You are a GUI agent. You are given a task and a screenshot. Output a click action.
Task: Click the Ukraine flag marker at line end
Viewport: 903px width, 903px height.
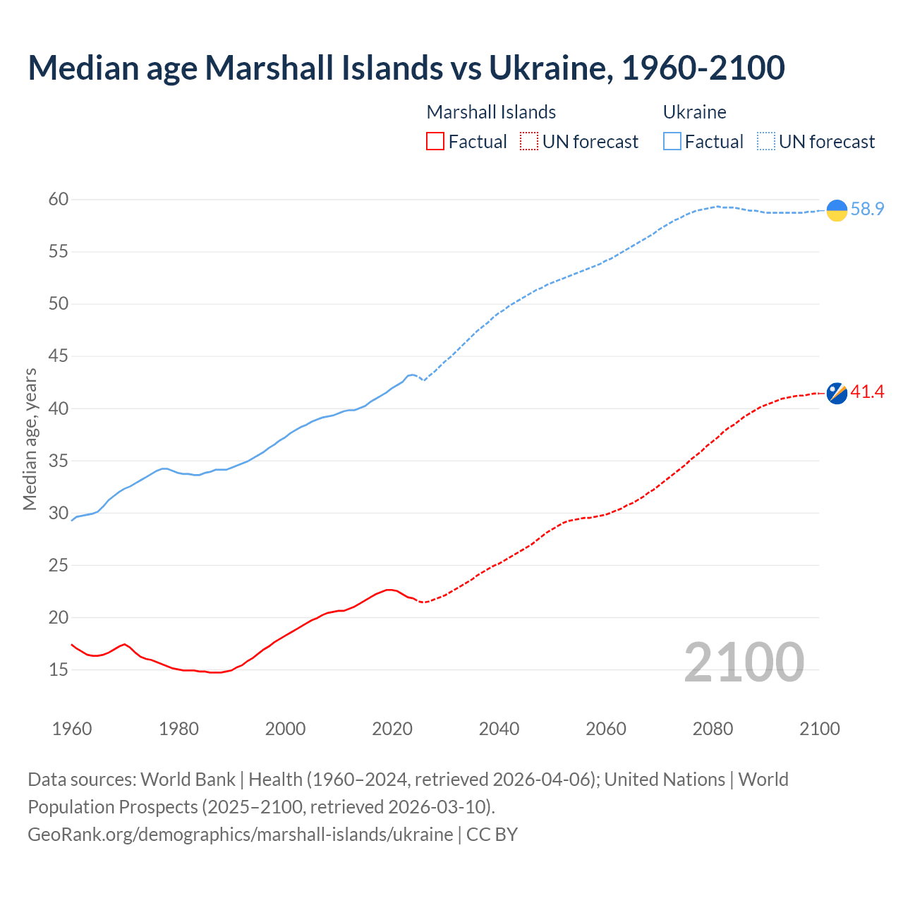[x=837, y=210]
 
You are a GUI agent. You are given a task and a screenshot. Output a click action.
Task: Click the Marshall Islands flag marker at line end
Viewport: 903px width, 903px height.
[x=837, y=393]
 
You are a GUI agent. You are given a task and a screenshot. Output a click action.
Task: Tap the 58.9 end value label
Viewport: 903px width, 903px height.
[x=867, y=210]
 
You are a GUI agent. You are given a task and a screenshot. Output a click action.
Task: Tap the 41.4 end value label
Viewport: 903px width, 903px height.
[x=867, y=392]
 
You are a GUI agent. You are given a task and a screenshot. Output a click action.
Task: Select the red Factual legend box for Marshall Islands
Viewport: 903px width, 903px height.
[x=435, y=142]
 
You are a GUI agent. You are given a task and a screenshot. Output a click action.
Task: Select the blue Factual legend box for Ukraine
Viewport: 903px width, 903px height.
[x=672, y=142]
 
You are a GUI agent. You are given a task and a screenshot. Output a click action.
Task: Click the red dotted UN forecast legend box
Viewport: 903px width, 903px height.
[x=529, y=142]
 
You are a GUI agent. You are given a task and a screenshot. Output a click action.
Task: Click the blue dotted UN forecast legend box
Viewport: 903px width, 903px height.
[x=766, y=142]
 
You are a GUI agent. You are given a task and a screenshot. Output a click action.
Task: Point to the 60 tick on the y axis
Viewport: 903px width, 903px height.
[x=59, y=200]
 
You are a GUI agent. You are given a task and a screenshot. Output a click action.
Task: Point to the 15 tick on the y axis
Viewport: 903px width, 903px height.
[x=59, y=669]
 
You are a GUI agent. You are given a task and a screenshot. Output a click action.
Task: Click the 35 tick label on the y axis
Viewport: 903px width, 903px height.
[x=59, y=461]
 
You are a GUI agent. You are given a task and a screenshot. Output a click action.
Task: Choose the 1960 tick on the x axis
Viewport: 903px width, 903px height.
[x=72, y=729]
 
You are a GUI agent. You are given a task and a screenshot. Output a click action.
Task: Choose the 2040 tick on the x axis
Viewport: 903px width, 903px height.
[x=499, y=729]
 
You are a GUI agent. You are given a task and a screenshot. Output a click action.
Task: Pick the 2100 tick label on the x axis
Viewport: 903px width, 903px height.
[x=820, y=729]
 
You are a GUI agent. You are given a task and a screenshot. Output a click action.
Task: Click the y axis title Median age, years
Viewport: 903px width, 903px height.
[x=30, y=439]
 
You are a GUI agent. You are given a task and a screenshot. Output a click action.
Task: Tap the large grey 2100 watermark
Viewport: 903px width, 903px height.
[x=744, y=662]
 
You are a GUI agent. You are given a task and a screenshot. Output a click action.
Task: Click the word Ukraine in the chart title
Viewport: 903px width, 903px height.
[x=550, y=68]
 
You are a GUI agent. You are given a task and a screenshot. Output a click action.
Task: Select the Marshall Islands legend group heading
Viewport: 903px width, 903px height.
[x=491, y=112]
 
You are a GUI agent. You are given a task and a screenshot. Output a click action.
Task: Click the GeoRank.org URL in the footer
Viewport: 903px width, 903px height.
[x=240, y=835]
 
